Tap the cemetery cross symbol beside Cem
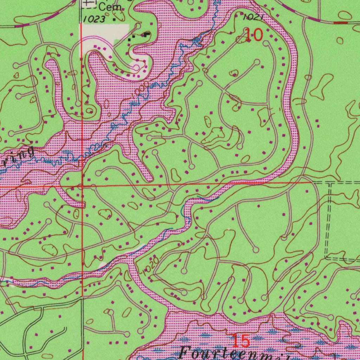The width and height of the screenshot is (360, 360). coord(89,4)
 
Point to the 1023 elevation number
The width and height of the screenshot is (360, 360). coord(94,19)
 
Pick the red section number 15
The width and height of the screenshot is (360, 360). coord(241,341)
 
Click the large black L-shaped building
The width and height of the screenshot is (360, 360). coord(146,34)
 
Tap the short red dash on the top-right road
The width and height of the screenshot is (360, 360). coord(340,22)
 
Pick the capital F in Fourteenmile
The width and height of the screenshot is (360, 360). coord(186,353)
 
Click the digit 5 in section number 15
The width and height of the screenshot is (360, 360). coord(245,341)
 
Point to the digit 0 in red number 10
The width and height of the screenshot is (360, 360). coord(257,35)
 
